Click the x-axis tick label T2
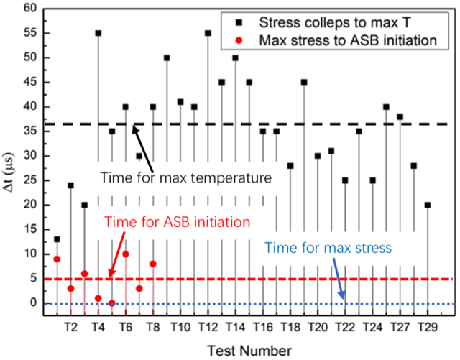[70, 327]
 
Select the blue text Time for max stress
[328, 249]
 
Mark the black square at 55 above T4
[98, 33]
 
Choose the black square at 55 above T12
[208, 33]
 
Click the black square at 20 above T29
[428, 205]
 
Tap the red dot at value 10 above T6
[126, 254]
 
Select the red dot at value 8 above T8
[153, 264]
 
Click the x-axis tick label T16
[263, 327]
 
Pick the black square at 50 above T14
[235, 57]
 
